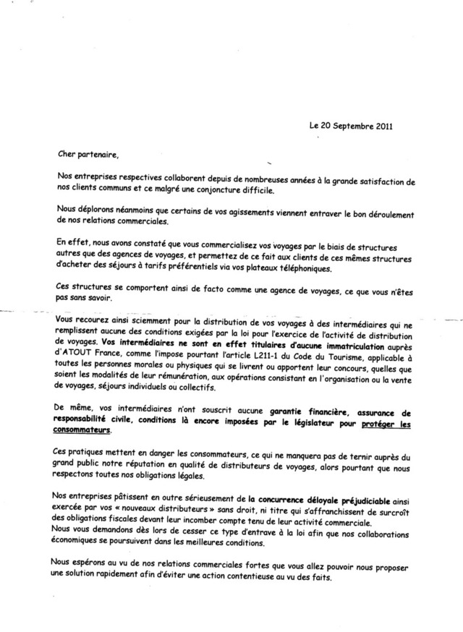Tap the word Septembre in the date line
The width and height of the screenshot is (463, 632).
click(346, 124)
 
